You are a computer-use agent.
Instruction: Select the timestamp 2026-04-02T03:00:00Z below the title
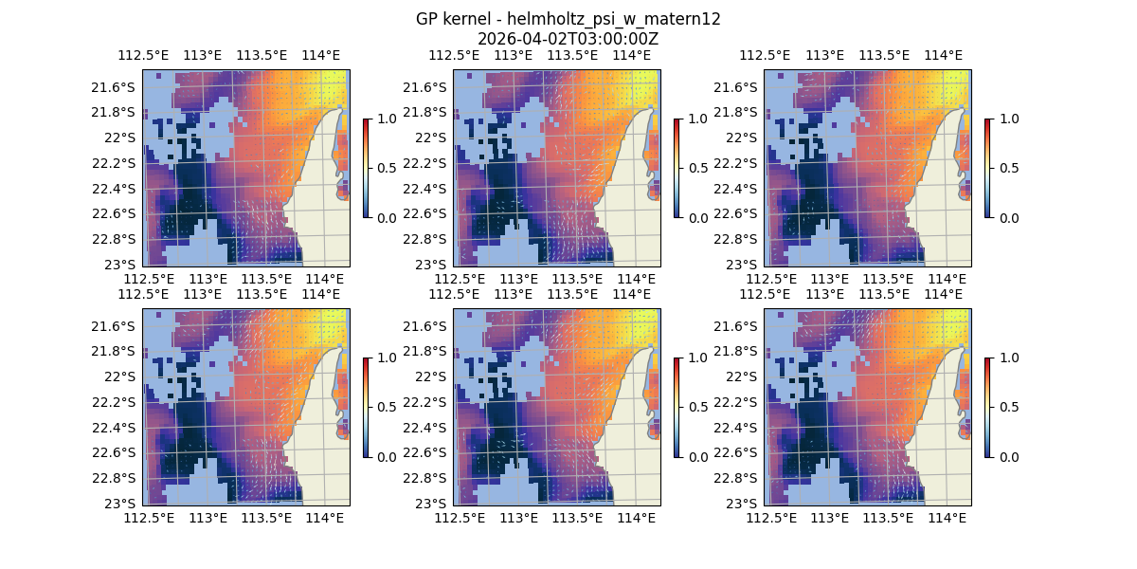click(568, 39)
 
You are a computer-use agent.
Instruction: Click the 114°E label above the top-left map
click(321, 55)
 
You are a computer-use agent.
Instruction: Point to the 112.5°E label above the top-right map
click(765, 55)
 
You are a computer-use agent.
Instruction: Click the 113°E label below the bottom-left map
click(208, 518)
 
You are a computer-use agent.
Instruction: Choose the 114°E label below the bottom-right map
click(947, 518)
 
